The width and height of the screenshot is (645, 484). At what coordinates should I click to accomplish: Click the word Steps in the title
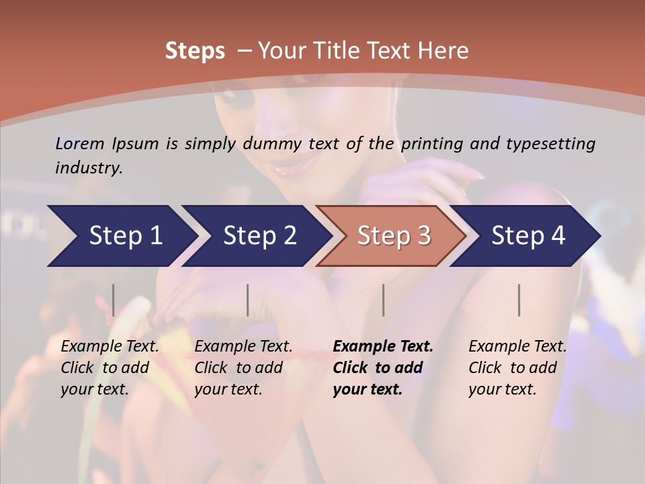[195, 51]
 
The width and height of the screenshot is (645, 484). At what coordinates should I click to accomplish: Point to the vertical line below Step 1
[114, 300]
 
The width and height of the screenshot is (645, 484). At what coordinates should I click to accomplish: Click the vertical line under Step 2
[248, 300]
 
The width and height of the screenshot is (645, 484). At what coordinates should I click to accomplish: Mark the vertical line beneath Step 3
[383, 300]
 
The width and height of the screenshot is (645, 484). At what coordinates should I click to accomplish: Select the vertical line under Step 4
[519, 300]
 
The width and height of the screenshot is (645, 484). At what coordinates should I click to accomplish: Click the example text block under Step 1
[110, 368]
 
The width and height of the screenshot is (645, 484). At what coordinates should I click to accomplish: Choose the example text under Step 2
[243, 368]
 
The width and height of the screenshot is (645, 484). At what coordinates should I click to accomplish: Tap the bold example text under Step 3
[382, 368]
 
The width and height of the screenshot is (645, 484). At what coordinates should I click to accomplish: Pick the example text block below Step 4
[517, 368]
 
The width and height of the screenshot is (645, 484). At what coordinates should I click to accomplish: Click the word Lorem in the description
[80, 144]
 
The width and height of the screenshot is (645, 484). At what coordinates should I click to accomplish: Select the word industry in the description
[88, 168]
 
